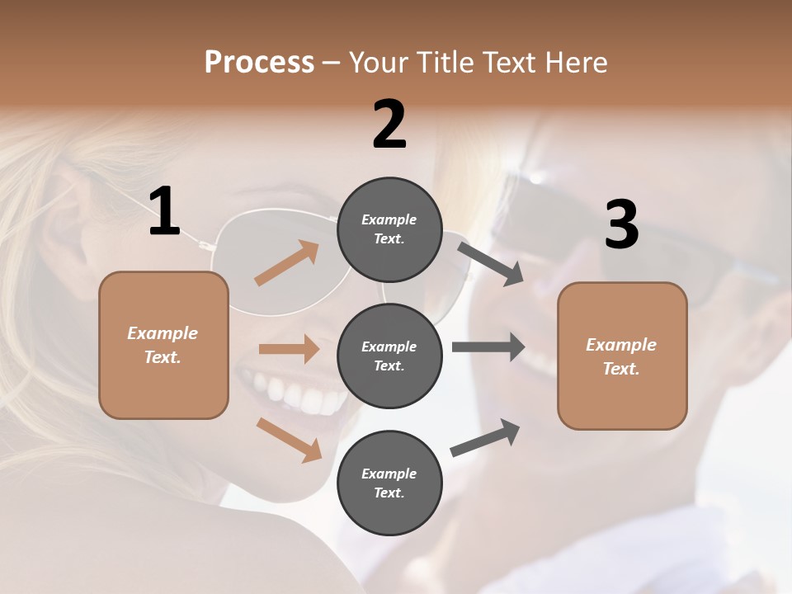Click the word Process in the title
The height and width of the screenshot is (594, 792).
(x=259, y=63)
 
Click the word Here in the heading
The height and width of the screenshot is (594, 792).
(x=576, y=63)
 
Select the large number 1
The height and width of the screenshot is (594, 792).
(x=164, y=212)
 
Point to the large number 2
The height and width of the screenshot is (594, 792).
(x=389, y=125)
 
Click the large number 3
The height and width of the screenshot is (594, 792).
(x=621, y=225)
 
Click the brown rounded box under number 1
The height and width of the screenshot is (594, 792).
(x=163, y=345)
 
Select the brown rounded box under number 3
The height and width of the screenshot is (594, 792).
(x=622, y=356)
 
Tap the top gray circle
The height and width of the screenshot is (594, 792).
(x=389, y=230)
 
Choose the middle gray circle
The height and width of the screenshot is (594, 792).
(x=389, y=356)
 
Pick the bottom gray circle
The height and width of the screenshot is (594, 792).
(x=389, y=483)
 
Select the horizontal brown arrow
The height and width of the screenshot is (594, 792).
(x=289, y=349)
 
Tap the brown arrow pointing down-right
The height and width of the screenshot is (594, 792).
(x=289, y=440)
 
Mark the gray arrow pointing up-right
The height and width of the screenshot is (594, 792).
(x=486, y=437)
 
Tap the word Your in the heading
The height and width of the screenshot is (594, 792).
(x=379, y=63)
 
